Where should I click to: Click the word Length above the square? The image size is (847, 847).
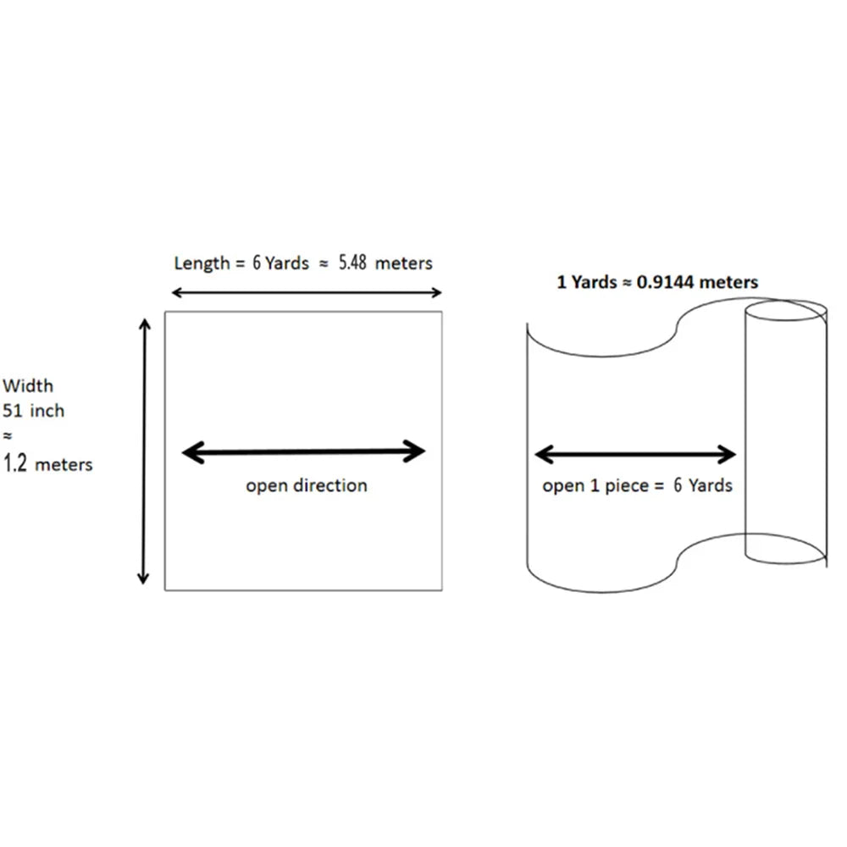(202, 263)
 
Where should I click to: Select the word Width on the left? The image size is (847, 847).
(28, 386)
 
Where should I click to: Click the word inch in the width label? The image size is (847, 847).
(47, 412)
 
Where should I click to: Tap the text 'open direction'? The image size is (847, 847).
(307, 486)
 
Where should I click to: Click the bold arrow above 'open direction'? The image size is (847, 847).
(304, 452)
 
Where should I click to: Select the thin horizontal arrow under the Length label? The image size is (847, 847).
(307, 293)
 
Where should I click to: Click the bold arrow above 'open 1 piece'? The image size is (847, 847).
(635, 455)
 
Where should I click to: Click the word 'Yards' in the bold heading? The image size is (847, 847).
(594, 282)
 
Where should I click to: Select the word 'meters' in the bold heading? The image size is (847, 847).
(730, 282)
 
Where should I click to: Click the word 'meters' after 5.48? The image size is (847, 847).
(404, 263)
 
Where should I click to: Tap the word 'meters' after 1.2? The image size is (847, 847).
(64, 465)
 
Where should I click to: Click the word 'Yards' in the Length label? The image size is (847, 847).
(287, 263)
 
